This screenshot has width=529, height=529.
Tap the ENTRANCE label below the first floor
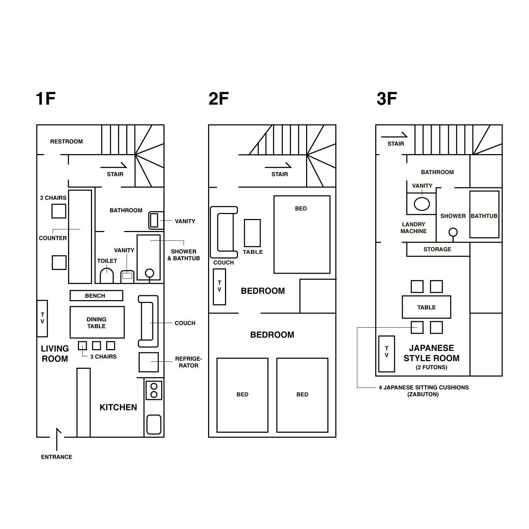point(56,457)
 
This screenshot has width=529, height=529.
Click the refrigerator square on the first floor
point(148,362)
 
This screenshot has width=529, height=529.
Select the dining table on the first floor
point(97,322)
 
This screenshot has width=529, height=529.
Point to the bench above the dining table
point(96,296)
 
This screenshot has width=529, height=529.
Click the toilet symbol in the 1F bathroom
point(107,276)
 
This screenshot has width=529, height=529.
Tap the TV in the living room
point(42,318)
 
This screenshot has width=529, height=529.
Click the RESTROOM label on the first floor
point(66,141)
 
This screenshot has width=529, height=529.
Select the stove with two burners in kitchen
point(154,390)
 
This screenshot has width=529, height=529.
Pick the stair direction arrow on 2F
point(278,166)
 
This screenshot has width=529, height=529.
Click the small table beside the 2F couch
point(252,233)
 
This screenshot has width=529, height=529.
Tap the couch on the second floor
point(224,232)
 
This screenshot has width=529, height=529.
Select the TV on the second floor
point(219,286)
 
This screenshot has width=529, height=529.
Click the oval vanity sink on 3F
point(421,204)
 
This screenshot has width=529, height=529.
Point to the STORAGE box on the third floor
point(438,249)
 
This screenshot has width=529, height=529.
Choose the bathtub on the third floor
point(484,214)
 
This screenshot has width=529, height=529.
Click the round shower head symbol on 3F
point(453,232)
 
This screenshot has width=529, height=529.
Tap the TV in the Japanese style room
point(387,354)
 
